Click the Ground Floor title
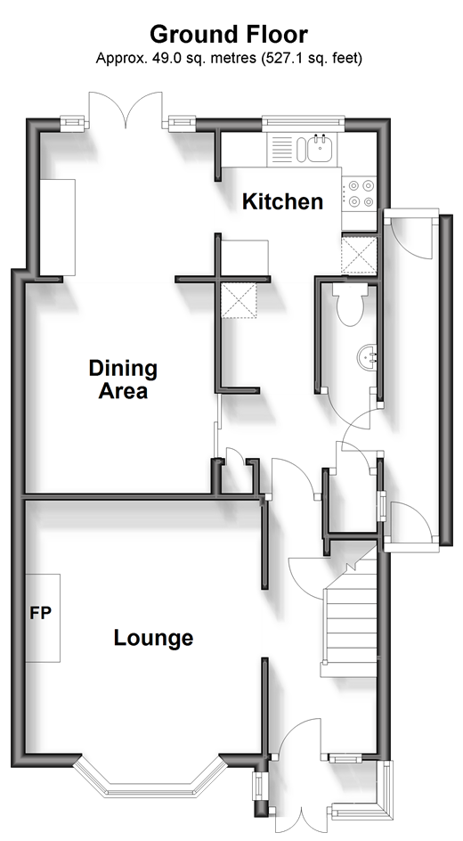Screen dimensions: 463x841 pyautogui.click(x=229, y=35)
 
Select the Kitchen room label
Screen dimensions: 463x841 pyautogui.click(x=282, y=201)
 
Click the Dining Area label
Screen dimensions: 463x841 pyautogui.click(x=123, y=380)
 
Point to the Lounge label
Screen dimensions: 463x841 pyautogui.click(x=153, y=638)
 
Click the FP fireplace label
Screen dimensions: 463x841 pyautogui.click(x=40, y=613)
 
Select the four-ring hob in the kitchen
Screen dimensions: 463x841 pyautogui.click(x=360, y=193)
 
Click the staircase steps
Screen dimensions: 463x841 pyautogui.click(x=350, y=627)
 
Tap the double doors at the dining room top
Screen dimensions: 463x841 pyautogui.click(x=125, y=110)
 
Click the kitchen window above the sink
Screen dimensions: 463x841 pyautogui.click(x=304, y=121)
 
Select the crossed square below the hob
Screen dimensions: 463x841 pyautogui.click(x=359, y=255)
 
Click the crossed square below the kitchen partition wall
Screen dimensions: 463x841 pyautogui.click(x=239, y=300)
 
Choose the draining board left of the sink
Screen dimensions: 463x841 pyautogui.click(x=281, y=148)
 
